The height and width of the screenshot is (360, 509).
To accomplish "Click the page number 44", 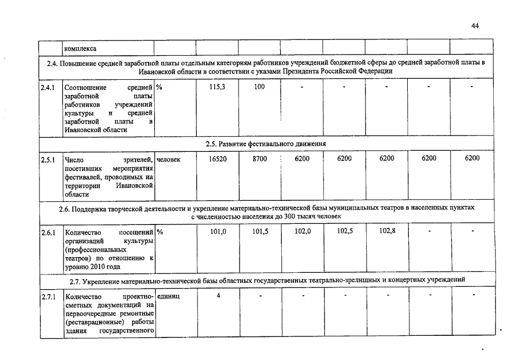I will coord(475,26).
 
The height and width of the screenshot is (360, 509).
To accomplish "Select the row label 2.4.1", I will coord(48,88).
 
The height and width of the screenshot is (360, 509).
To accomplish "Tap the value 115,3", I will coord(217,87).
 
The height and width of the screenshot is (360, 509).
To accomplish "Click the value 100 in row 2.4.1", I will coord(259,87).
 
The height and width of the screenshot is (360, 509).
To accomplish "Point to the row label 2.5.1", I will coord(48,159).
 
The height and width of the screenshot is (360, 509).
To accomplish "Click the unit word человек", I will coord(169,159).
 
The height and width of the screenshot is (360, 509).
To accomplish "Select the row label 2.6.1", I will coord(48,231).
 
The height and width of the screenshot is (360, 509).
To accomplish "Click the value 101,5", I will coord(260,231).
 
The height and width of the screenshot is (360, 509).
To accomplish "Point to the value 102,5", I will coord(345,231).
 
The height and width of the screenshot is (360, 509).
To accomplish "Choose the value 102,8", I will coord(387,231).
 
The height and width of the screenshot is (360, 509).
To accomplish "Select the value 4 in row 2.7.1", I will coord(218,295).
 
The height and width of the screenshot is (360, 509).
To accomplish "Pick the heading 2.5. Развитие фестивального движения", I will coord(266,144).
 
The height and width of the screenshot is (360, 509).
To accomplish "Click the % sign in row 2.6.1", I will coord(160,231).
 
